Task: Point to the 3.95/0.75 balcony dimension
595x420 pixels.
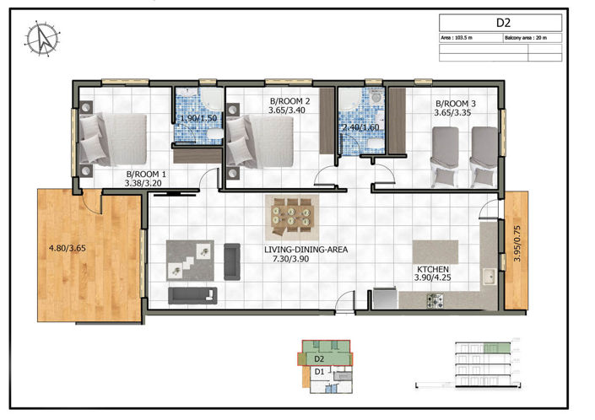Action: point(517,250)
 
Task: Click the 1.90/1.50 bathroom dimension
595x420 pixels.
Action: point(198,119)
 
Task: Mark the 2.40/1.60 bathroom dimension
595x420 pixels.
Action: point(360,127)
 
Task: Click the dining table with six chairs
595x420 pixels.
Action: point(291,218)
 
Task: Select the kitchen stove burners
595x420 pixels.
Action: point(435,299)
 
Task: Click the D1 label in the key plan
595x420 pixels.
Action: point(320,371)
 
